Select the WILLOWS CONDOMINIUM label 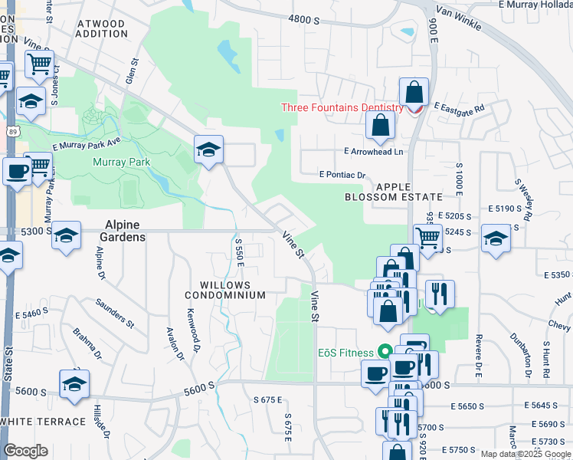[228, 289]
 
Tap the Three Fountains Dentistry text [342, 107]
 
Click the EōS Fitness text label [346, 353]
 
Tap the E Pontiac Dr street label [342, 175]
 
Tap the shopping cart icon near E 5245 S [428, 238]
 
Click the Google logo [26, 451]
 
